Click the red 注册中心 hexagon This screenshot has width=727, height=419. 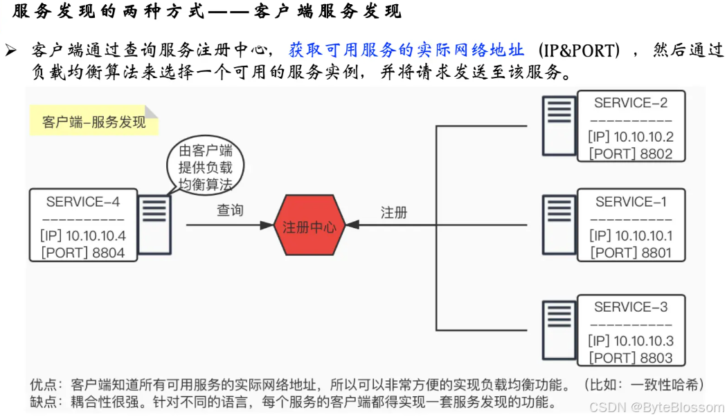pyautogui.click(x=308, y=226)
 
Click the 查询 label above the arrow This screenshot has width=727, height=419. pyautogui.click(x=230, y=210)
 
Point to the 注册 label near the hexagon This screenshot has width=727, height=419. pyautogui.click(x=394, y=212)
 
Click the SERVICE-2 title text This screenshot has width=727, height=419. pyautogui.click(x=631, y=103)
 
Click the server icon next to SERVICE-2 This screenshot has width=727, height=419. pyautogui.click(x=560, y=124)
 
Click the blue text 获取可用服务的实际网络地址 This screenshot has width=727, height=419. pyautogui.click(x=406, y=50)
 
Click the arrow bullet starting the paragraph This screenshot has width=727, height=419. pyautogui.click(x=10, y=50)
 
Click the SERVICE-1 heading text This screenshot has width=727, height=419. pyautogui.click(x=631, y=202)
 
